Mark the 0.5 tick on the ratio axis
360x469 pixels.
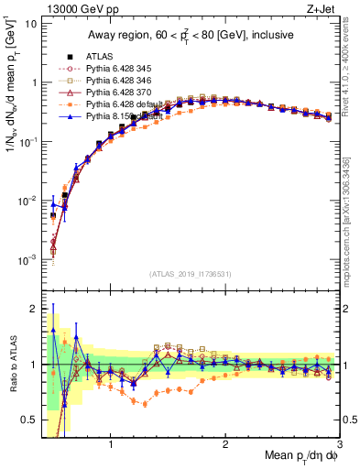[29, 420]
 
